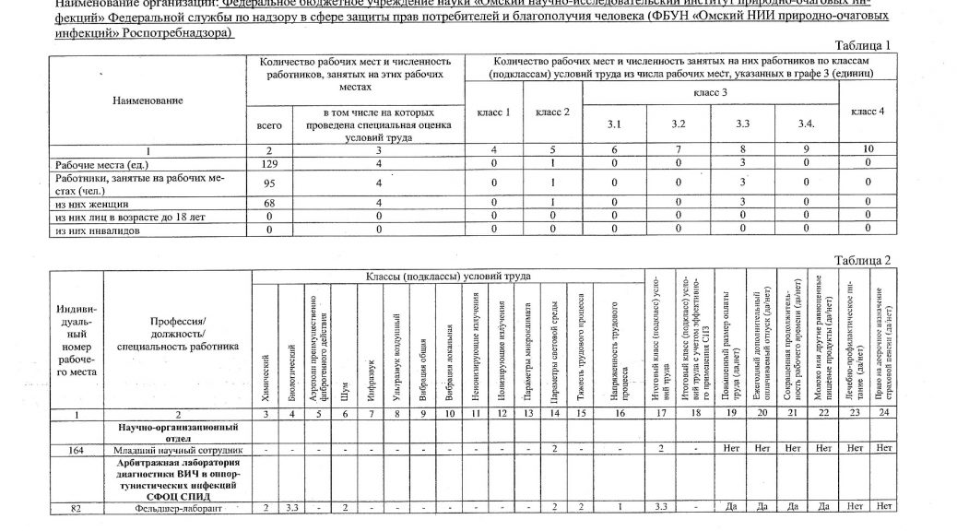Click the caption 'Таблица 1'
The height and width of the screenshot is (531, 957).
pyautogui.click(x=861, y=46)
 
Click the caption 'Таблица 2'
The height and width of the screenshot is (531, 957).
pyautogui.click(x=861, y=261)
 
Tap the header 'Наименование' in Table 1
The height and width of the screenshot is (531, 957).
pyautogui.click(x=141, y=100)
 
